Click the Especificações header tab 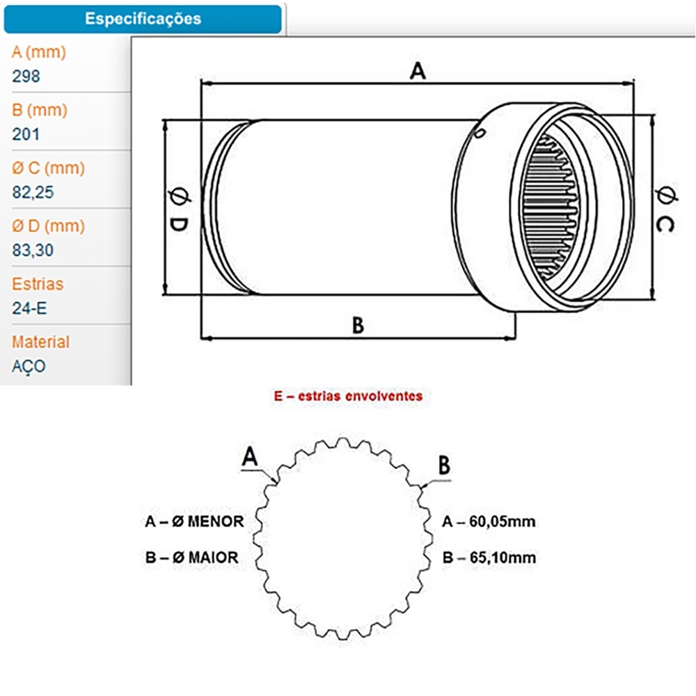click(x=143, y=19)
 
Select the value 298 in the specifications click(x=26, y=77)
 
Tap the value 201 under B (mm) click(x=26, y=134)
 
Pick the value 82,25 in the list click(x=33, y=193)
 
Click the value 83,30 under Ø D click(x=33, y=251)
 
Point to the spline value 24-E click(x=30, y=308)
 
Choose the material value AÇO click(x=29, y=366)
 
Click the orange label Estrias click(x=38, y=284)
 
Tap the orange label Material click(x=41, y=342)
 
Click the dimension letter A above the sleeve click(x=417, y=71)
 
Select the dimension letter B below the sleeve click(x=358, y=325)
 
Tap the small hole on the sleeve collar click(x=477, y=132)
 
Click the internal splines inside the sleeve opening click(x=556, y=209)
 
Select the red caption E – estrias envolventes click(x=348, y=396)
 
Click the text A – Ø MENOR click(x=194, y=521)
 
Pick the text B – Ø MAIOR click(x=191, y=557)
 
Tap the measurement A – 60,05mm click(x=489, y=521)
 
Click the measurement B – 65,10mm click(x=489, y=557)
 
